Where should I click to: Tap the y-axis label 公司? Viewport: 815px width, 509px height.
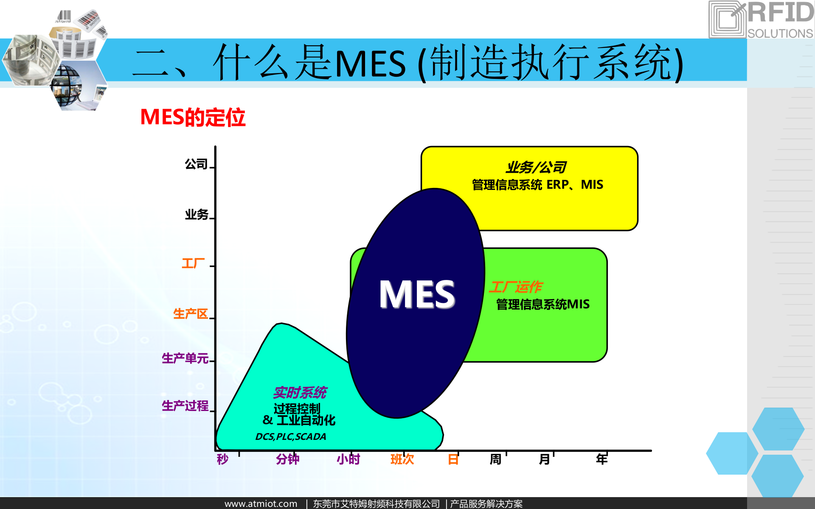coord(196,164)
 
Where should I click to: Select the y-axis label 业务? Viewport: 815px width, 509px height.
coord(197,215)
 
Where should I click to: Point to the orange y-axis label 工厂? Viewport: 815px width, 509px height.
coord(193,263)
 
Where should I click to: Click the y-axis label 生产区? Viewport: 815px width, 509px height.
coord(191,314)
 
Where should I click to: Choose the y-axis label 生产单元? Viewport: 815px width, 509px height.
coord(185,358)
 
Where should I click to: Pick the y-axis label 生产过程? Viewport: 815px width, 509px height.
coord(185,406)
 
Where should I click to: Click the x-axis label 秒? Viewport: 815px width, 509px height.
coord(222,459)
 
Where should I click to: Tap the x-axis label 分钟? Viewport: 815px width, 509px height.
coord(287,459)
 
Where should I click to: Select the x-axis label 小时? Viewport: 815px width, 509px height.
coord(348,459)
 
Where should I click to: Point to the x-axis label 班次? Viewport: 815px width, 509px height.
coord(402,459)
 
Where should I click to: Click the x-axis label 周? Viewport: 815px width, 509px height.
coord(495,459)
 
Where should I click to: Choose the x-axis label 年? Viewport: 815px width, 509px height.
coord(601,459)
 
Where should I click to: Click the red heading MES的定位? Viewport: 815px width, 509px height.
coord(193,117)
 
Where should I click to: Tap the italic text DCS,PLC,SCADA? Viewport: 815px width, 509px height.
coord(291,436)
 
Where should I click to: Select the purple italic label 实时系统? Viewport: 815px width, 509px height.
coord(300,393)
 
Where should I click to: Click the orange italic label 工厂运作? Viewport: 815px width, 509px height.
coord(515,287)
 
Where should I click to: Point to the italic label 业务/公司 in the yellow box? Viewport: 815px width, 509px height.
coord(536,168)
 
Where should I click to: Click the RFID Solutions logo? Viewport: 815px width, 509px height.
coord(761,20)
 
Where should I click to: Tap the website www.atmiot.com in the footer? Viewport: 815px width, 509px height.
coord(261,503)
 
